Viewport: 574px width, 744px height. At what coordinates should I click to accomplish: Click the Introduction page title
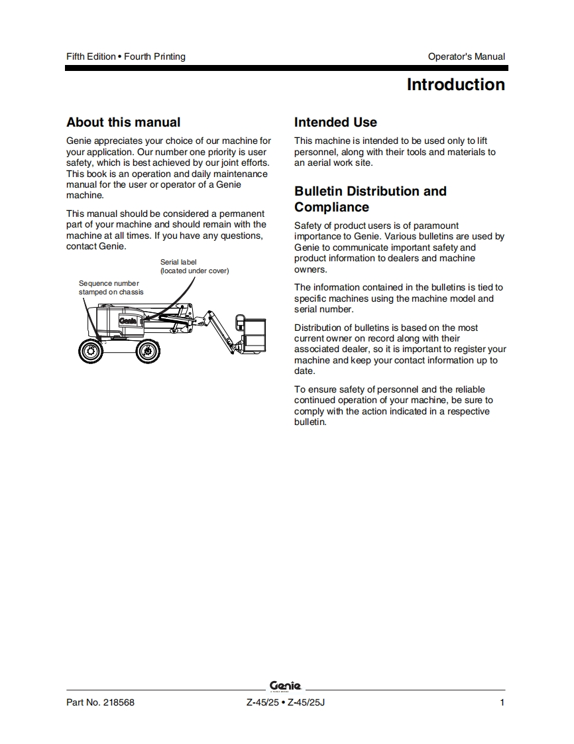[x=455, y=85]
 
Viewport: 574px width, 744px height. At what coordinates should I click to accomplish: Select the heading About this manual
[x=123, y=122]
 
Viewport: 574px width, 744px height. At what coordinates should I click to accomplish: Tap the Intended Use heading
[x=335, y=122]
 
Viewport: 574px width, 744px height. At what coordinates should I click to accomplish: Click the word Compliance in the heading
[x=331, y=207]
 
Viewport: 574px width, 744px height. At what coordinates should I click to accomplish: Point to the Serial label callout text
[x=179, y=262]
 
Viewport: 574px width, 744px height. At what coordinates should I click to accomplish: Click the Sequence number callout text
[x=109, y=284]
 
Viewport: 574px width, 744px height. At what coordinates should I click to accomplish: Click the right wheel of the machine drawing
[x=147, y=350]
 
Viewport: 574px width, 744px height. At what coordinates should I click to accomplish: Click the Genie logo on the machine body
[x=128, y=321]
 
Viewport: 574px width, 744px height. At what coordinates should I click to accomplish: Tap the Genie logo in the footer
[x=286, y=686]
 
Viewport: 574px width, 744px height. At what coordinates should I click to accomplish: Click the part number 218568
[x=119, y=703]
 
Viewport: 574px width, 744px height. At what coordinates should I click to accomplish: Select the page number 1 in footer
[x=502, y=703]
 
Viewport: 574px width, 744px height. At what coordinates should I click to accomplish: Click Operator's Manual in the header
[x=466, y=56]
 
